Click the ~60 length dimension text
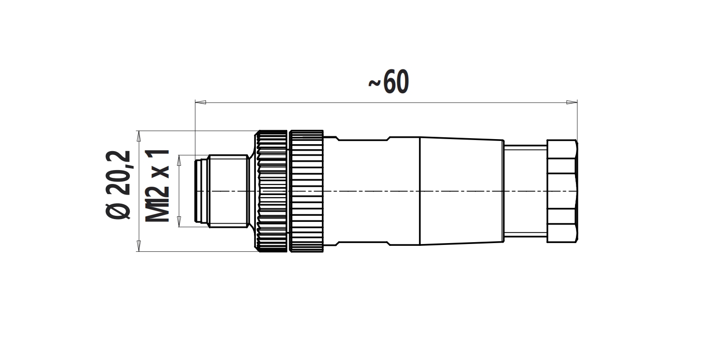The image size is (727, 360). [x=388, y=82]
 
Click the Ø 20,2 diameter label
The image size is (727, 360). [x=118, y=185]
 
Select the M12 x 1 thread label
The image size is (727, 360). [x=158, y=186]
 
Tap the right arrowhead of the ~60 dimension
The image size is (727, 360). [x=572, y=103]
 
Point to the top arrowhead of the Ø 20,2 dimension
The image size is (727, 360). [x=139, y=136]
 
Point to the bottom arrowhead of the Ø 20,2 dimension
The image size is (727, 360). [x=139, y=246]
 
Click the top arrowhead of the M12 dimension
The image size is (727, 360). [x=179, y=160]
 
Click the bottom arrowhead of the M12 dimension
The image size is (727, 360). [x=179, y=222]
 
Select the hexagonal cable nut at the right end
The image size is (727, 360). [x=562, y=191]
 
